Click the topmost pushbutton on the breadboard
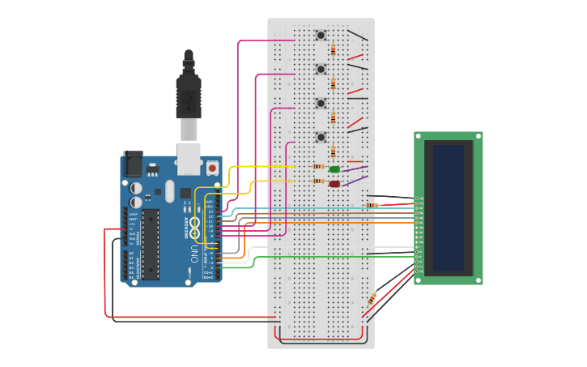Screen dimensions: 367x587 321,35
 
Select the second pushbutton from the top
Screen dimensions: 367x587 321,69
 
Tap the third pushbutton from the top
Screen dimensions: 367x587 321,103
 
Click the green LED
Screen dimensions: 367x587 334,169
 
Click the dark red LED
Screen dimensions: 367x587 334,184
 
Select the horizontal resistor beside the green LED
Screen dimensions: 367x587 318,166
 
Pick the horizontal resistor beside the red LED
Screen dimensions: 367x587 318,181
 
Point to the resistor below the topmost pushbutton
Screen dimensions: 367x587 333,50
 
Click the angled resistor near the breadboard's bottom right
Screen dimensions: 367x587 372,299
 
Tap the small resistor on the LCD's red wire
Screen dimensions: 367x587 372,205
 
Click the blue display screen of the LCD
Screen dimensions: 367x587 448,208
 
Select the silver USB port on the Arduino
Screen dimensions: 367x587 189,160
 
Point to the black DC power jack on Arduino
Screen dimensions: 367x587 133,164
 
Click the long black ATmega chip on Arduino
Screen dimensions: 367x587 151,244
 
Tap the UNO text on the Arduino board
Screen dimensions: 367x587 194,254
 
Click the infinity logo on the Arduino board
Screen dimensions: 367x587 194,226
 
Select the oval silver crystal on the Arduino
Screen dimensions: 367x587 169,191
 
